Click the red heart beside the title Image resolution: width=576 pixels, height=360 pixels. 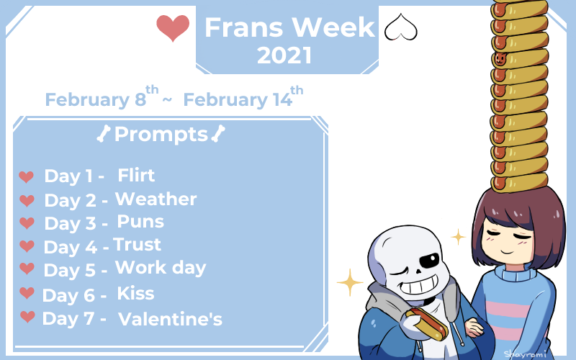[173, 27]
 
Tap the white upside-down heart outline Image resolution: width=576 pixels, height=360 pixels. [401, 27]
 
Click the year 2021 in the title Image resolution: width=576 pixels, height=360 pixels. [284, 55]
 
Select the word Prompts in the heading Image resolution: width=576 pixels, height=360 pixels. [161, 135]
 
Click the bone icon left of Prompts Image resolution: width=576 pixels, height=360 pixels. [104, 133]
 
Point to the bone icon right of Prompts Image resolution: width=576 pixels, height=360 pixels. [218, 133]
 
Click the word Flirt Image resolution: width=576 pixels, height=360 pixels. [136, 175]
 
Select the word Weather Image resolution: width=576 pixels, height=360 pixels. [156, 199]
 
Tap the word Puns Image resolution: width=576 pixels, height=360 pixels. [140, 222]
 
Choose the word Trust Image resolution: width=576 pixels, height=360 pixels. [137, 245]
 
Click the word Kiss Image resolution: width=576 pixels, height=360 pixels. [135, 293]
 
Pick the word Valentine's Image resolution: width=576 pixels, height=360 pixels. [170, 318]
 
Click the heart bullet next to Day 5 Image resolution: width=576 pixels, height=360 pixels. [27, 269]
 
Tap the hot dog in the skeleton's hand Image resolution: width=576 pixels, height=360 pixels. [427, 323]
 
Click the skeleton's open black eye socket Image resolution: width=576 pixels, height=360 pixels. [429, 261]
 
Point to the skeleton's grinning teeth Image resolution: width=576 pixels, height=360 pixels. [419, 284]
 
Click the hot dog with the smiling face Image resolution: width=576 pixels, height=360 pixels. [519, 58]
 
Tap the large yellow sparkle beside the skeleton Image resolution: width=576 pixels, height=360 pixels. [350, 282]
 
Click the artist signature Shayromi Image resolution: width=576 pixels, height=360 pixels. [525, 354]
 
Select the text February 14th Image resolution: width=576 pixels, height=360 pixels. [243, 97]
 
